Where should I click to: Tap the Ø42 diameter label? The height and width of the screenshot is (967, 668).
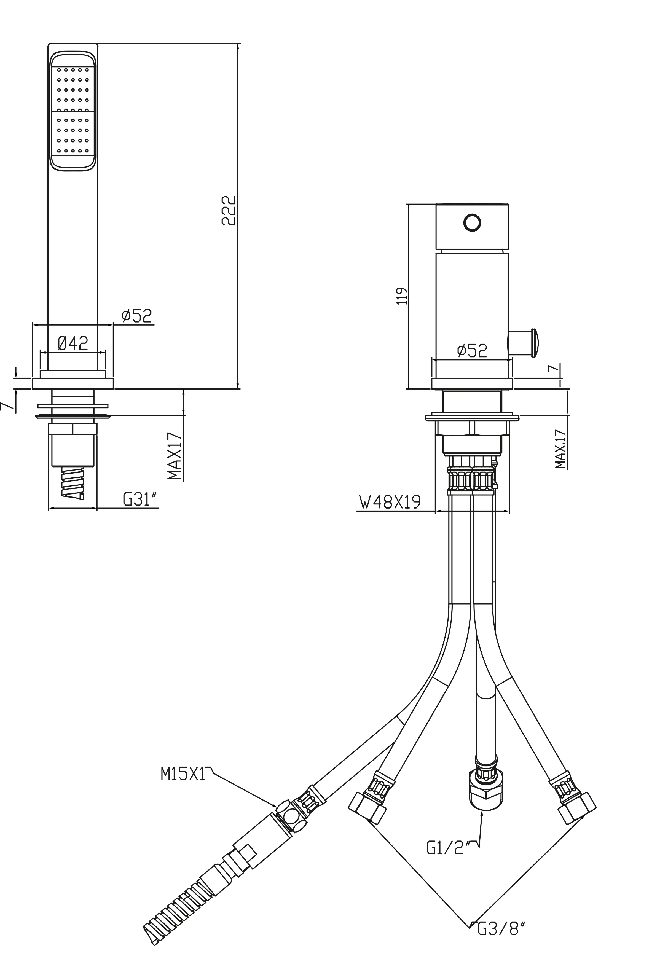(74, 343)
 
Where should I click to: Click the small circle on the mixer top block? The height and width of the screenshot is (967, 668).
(472, 222)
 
